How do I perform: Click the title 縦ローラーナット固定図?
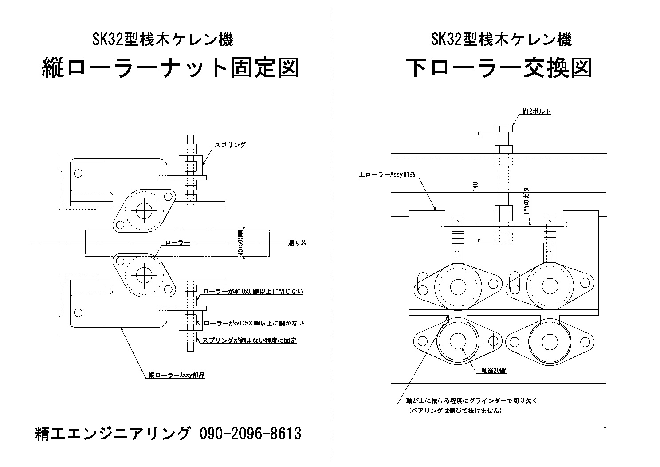coord(170,69)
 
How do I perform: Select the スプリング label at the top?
coord(230,145)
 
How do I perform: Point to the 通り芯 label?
coord(298,243)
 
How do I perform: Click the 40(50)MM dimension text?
coord(240,243)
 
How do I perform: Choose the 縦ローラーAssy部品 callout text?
coord(176,375)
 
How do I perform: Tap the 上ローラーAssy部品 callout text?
coord(387,175)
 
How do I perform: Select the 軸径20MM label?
coord(494,370)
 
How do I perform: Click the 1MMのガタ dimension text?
coord(526,202)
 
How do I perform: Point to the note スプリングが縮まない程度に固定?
coord(249,340)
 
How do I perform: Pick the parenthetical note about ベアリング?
coord(455,411)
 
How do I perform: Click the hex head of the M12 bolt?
coord(503,129)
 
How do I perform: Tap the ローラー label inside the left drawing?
coord(177,243)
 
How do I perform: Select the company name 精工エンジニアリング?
coord(113,433)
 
